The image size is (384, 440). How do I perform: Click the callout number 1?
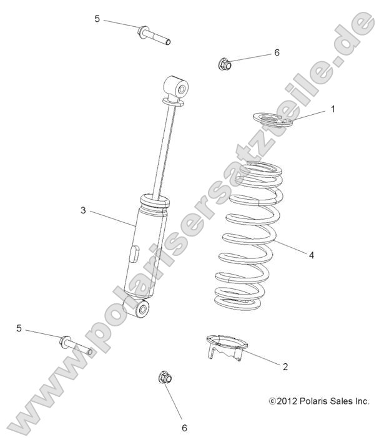(333, 109)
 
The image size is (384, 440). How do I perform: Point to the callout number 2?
(285, 366)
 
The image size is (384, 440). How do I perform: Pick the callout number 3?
(82, 210)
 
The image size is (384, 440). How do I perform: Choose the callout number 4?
(311, 254)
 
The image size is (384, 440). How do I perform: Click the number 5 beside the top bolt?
(97, 19)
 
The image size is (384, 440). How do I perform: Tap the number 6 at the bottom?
(184, 428)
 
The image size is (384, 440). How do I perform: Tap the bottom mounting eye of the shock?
(139, 308)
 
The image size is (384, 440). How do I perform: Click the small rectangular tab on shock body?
(133, 254)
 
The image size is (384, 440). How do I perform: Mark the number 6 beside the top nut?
(277, 52)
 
